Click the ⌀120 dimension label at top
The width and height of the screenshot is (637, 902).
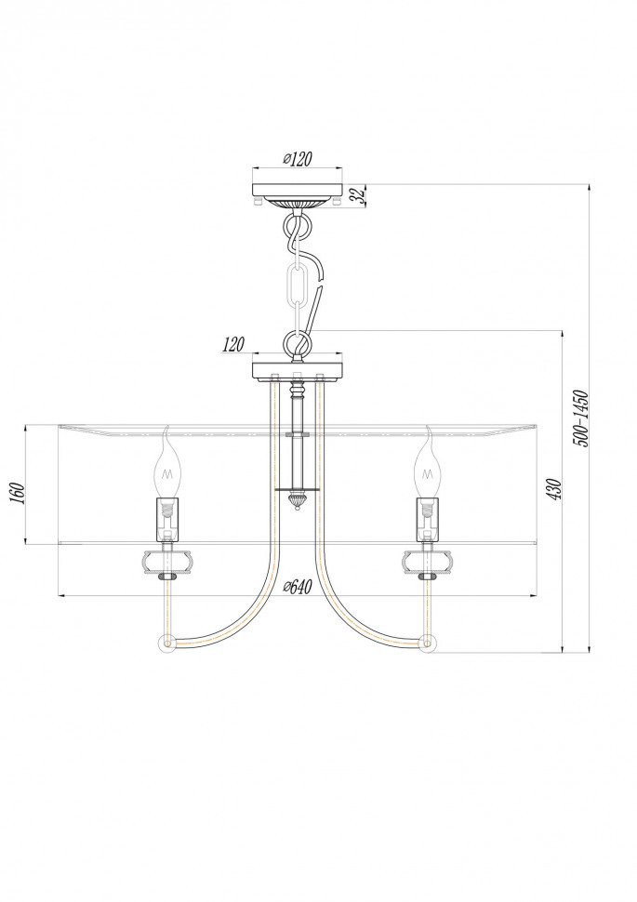[297, 159]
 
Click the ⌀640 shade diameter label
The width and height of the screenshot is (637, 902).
[297, 587]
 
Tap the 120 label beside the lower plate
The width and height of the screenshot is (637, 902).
[233, 345]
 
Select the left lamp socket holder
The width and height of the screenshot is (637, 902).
[167, 519]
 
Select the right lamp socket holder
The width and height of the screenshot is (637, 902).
[428, 519]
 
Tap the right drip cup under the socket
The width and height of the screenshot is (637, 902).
[428, 561]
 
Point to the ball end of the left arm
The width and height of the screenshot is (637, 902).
[167, 643]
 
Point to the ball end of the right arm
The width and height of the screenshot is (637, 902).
[428, 643]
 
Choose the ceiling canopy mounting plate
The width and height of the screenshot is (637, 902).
[298, 191]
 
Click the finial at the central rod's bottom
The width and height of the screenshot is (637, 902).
[298, 503]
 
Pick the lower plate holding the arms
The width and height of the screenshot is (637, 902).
[298, 369]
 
